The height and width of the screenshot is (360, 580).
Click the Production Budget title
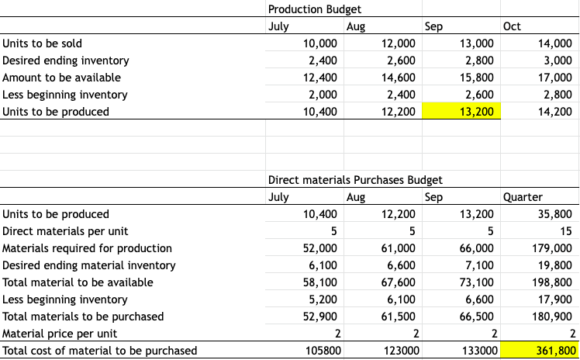(x=314, y=9)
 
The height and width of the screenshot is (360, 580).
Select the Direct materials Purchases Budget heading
(x=355, y=180)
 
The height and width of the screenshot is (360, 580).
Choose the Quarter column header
(x=523, y=197)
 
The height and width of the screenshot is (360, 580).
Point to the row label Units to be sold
(x=43, y=43)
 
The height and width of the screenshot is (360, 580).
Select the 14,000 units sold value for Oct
(x=554, y=43)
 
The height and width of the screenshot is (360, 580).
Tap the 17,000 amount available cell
(x=554, y=78)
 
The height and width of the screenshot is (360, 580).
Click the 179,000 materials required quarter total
(x=551, y=248)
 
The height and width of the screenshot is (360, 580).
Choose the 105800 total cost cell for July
(x=319, y=351)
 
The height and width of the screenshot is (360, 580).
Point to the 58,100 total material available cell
(x=319, y=282)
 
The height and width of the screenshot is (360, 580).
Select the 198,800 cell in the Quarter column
(x=551, y=282)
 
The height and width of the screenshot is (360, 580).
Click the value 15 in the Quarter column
(x=566, y=231)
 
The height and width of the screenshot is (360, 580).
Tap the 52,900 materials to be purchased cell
(x=319, y=317)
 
